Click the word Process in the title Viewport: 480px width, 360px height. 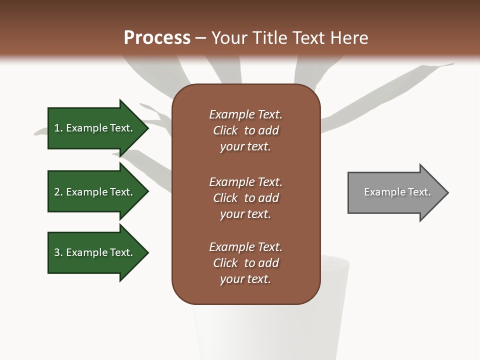pos(157,38)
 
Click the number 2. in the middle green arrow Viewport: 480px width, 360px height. pos(57,192)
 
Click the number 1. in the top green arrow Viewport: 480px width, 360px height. pos(57,128)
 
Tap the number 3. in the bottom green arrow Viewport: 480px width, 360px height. pos(57,252)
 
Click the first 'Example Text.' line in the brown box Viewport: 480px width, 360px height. pos(245,114)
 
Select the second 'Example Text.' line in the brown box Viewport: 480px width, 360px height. pos(245,182)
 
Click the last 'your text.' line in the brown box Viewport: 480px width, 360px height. pos(245,279)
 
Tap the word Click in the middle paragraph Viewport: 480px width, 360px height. pos(225,198)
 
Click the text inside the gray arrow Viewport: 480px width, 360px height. pos(397,192)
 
